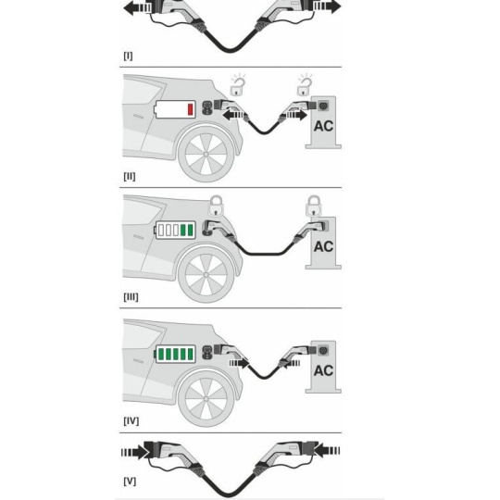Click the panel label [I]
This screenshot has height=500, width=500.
pyautogui.click(x=128, y=56)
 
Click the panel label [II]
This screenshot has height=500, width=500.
pyautogui.click(x=129, y=176)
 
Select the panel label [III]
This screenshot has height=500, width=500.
pyautogui.click(x=131, y=297)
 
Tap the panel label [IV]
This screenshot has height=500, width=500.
pyautogui.click(x=131, y=421)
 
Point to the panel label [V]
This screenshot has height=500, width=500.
pyautogui.click(x=130, y=481)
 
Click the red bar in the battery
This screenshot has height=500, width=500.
pyautogui.click(x=191, y=109)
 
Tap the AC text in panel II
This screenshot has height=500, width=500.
pyautogui.click(x=323, y=126)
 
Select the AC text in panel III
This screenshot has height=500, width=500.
pyautogui.click(x=323, y=247)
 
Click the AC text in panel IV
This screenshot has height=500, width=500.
pyautogui.click(x=323, y=371)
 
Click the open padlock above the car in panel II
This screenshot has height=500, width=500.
pyautogui.click(x=238, y=86)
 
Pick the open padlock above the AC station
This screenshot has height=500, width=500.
pyautogui.click(x=305, y=86)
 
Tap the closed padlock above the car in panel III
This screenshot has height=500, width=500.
pyautogui.click(x=216, y=206)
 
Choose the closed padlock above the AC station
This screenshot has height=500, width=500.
pyautogui.click(x=314, y=206)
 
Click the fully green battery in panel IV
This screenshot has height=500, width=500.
pyautogui.click(x=175, y=354)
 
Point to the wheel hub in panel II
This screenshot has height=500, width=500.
pyautogui.click(x=206, y=155)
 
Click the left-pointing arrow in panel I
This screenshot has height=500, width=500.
pyautogui.click(x=137, y=7)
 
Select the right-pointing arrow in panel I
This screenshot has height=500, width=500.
pyautogui.click(x=327, y=6)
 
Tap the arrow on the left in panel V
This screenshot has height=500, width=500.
pyautogui.click(x=135, y=452)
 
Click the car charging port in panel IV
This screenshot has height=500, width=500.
pyautogui.click(x=207, y=353)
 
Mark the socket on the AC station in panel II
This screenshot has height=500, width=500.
pyautogui.click(x=323, y=105)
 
